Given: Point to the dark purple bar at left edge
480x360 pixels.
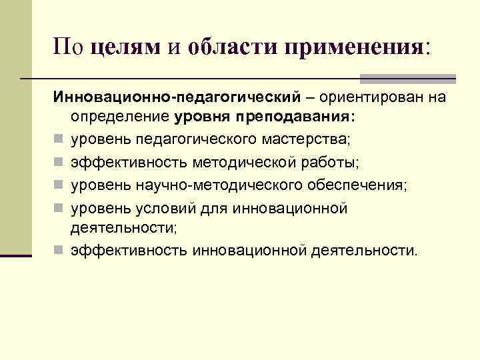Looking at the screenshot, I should click(16, 254).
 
